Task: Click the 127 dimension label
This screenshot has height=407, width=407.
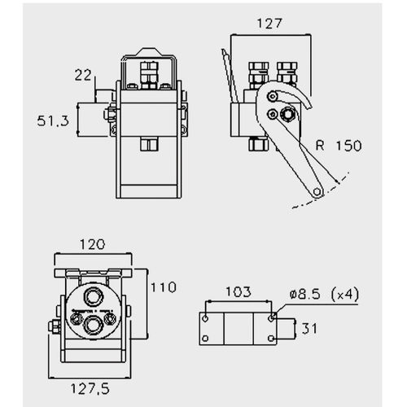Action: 269,24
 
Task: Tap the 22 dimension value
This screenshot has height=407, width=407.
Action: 83,75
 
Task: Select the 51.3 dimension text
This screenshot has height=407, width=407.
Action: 53,120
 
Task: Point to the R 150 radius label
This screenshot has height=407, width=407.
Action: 339,146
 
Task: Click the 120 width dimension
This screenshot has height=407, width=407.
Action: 92,244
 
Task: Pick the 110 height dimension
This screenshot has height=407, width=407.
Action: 164,287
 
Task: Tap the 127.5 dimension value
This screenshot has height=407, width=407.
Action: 90,389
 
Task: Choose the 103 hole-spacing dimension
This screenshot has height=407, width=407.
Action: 239,292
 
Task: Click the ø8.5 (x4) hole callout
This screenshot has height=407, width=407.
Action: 324,295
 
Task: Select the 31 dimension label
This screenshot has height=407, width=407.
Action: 309,329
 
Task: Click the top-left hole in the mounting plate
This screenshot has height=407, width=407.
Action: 205,318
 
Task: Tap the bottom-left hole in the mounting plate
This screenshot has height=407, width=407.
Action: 205,339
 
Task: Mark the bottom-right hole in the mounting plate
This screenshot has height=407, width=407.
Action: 271,339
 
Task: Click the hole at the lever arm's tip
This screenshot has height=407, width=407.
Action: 317,191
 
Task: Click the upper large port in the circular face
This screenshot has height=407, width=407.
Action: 94,296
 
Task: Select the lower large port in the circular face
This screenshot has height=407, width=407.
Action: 94,326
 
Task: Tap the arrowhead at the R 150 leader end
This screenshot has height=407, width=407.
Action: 337,181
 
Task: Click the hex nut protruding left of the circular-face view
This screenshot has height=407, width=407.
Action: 55,326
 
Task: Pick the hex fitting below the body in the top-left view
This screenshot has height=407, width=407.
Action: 149,144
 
